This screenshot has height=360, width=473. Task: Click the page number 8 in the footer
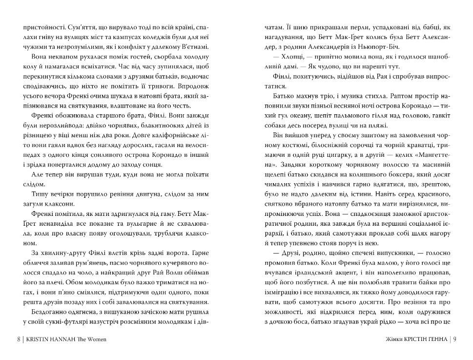(x=19, y=339)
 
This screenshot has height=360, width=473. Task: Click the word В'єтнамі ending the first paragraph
(x=192, y=47)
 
